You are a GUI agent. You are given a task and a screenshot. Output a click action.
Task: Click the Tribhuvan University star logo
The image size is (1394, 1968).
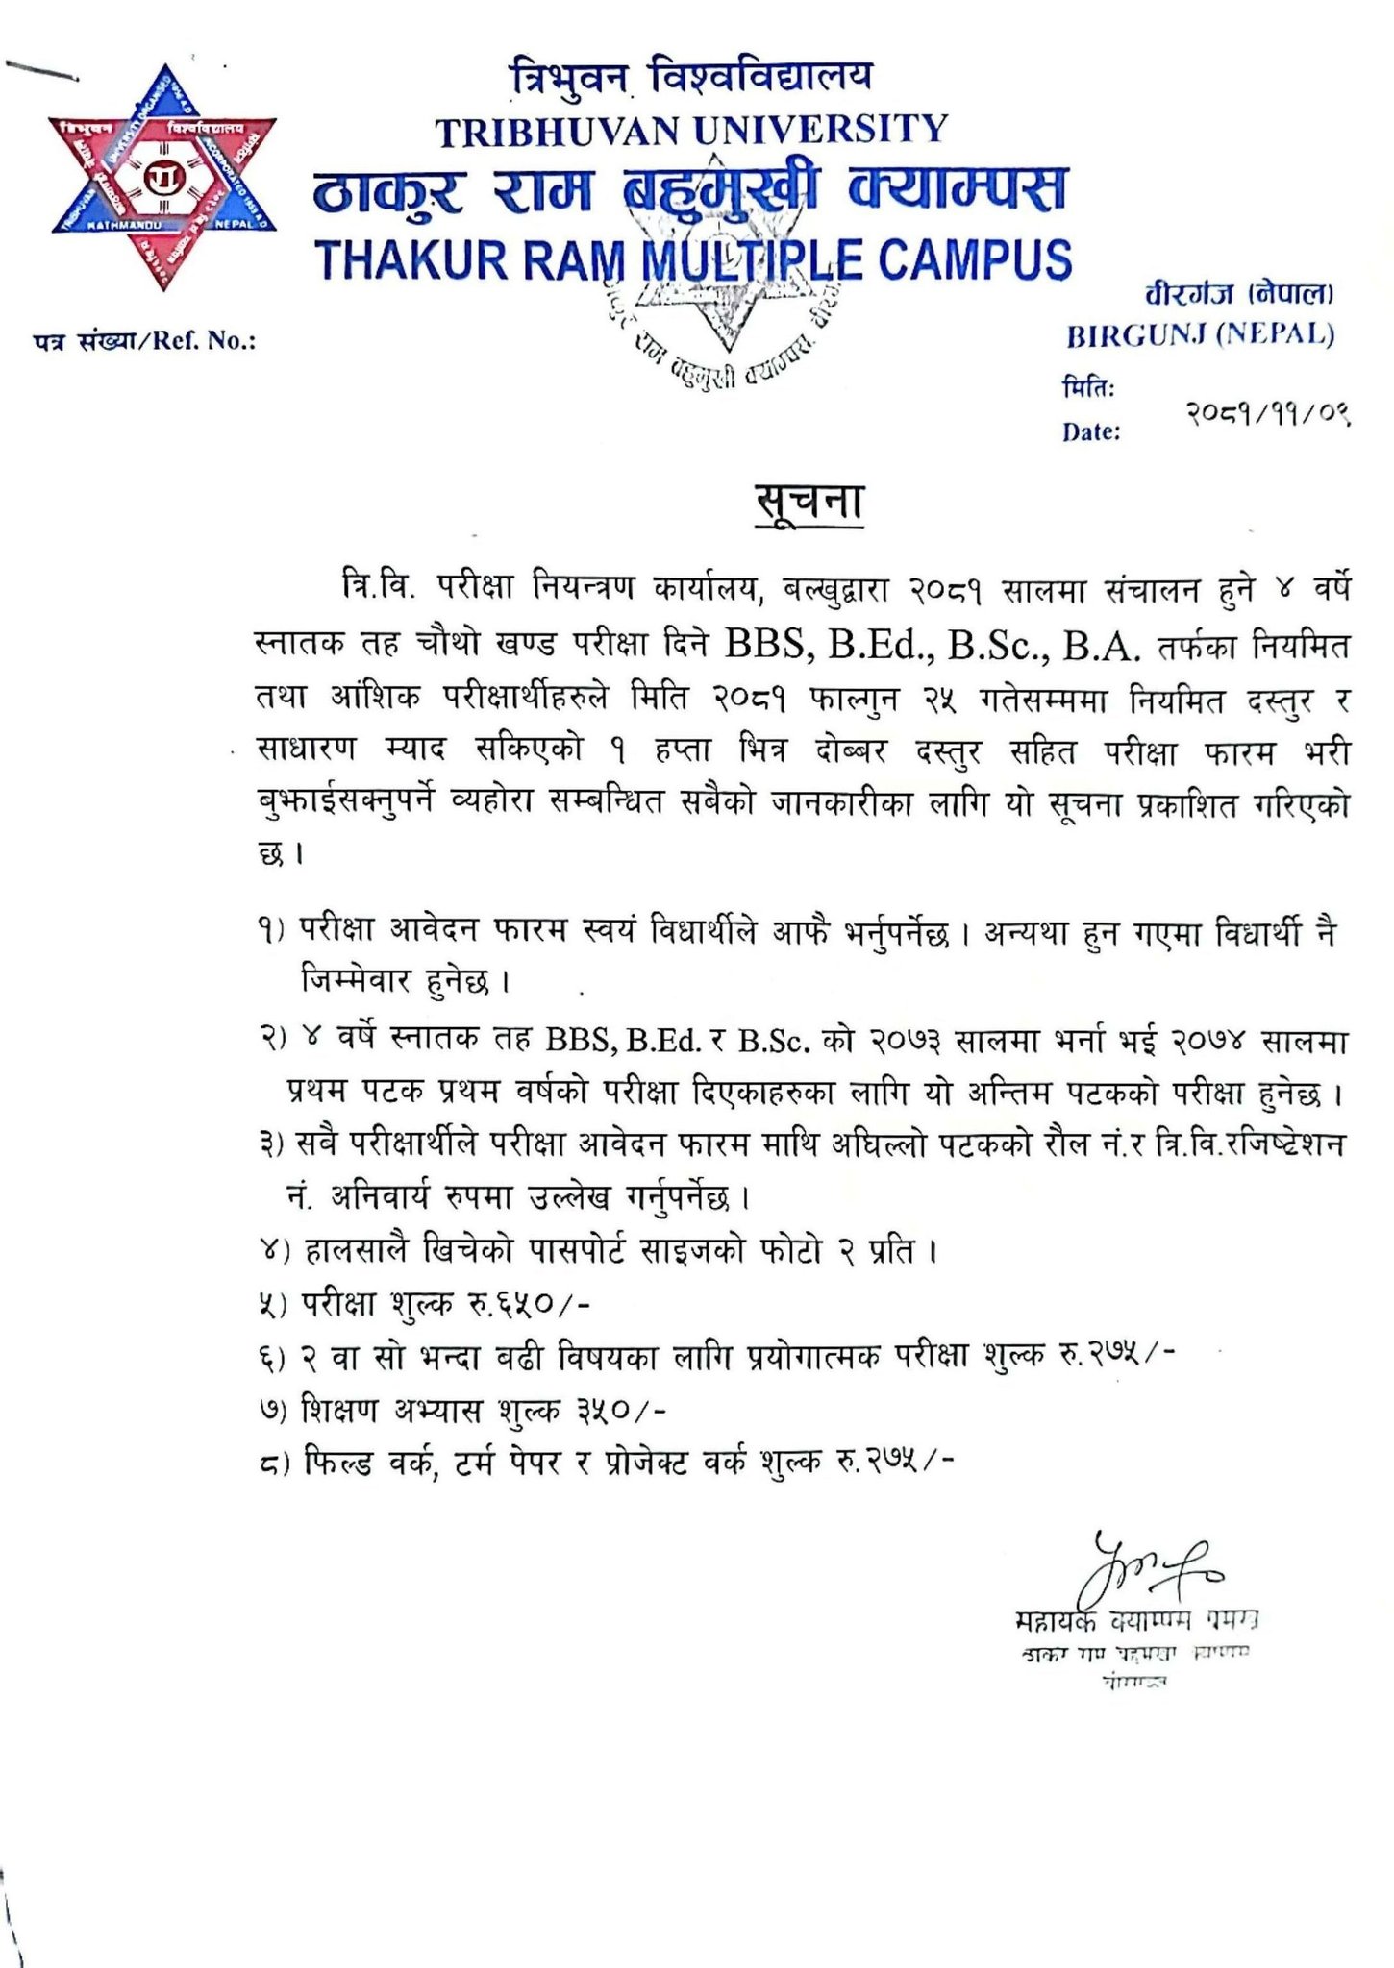point(163,179)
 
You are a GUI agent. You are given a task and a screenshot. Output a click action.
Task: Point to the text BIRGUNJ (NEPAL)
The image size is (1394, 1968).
point(1200,335)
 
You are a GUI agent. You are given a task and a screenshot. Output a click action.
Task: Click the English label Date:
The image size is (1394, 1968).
point(1091,432)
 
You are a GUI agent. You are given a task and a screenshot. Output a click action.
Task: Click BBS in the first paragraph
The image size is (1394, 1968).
point(765,644)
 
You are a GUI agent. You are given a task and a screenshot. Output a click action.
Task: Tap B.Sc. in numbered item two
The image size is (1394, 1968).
point(778,1041)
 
